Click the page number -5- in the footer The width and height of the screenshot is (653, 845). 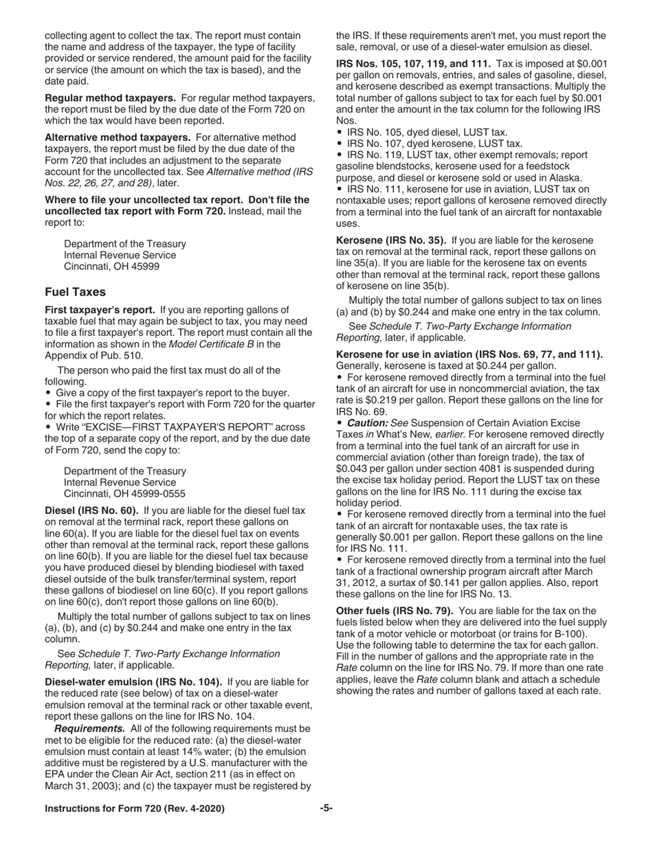click(326, 809)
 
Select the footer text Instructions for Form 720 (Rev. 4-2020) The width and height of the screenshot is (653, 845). click(135, 809)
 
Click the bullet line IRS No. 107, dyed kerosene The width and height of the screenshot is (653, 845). click(434, 144)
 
